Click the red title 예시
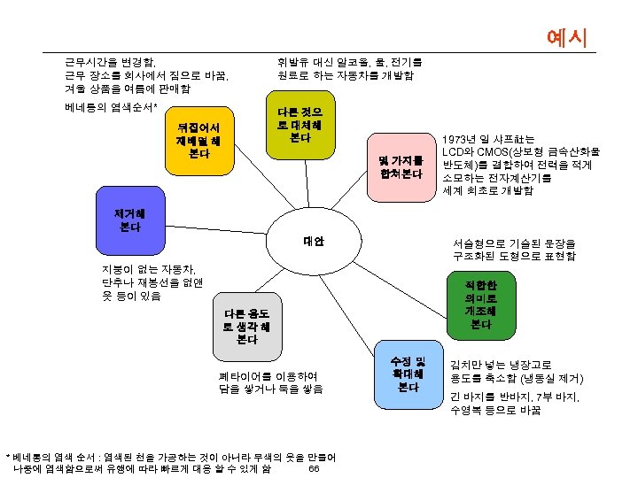(x=567, y=37)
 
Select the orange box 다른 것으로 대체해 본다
(x=300, y=125)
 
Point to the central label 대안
(x=314, y=241)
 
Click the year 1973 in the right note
(x=458, y=140)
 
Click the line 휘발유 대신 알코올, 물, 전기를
(x=350, y=62)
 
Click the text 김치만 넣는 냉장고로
(x=501, y=364)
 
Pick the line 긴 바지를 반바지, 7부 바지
(x=515, y=397)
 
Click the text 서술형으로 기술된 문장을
(x=513, y=243)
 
